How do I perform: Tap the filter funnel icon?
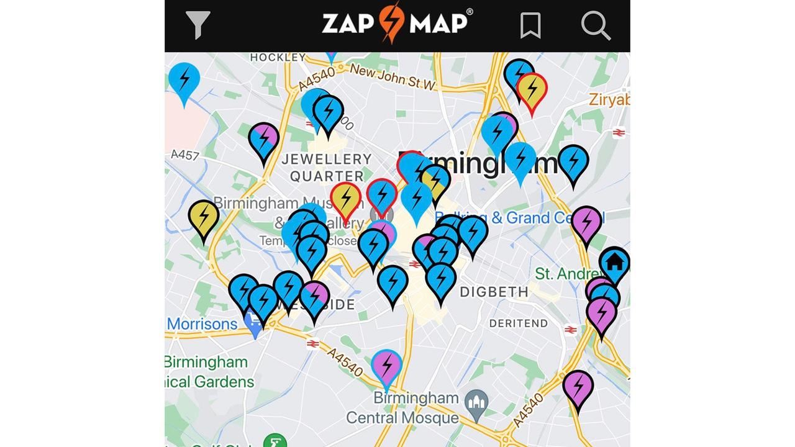198,25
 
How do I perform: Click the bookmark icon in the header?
530,25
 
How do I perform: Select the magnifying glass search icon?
596,25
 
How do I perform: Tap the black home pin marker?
614,262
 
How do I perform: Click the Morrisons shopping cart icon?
253,323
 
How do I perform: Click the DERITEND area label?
518,323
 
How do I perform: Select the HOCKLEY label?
278,58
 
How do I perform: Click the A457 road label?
184,154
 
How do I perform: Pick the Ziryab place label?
609,99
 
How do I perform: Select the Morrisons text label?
202,324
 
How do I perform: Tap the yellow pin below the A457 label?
204,217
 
